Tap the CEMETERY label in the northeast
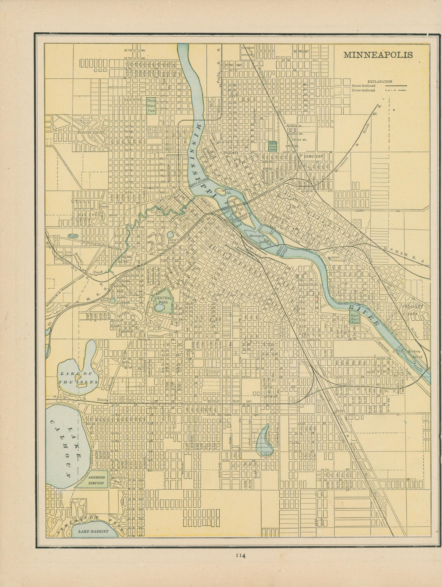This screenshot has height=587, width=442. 314,156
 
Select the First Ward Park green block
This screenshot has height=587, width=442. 273,146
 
